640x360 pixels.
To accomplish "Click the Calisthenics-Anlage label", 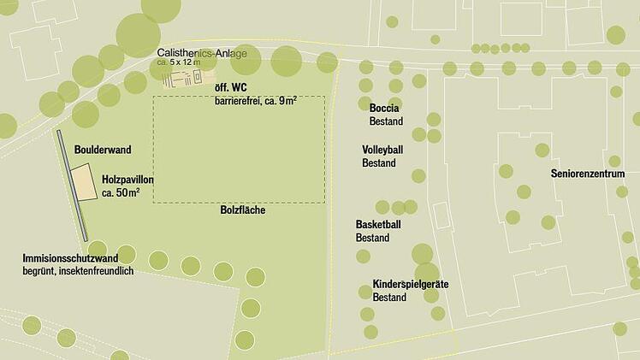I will pyautogui.click(x=202, y=53).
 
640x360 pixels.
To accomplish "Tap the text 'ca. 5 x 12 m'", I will pyautogui.click(x=178, y=62).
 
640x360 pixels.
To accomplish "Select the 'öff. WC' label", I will pyautogui.click(x=231, y=86).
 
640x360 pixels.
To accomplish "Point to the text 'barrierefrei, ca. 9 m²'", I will pyautogui.click(x=255, y=100).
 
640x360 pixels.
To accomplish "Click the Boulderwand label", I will pyautogui.click(x=103, y=150).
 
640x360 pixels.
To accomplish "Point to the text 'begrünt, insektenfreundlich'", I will pyautogui.click(x=78, y=271).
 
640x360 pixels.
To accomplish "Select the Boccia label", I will pyautogui.click(x=384, y=109).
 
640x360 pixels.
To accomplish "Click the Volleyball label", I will pyautogui.click(x=382, y=150).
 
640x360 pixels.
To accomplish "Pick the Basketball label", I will pyautogui.click(x=378, y=224).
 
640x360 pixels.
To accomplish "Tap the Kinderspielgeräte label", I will pyautogui.click(x=411, y=284).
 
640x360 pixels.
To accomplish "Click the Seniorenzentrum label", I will pyautogui.click(x=588, y=174).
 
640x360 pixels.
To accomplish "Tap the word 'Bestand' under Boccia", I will pyautogui.click(x=386, y=121).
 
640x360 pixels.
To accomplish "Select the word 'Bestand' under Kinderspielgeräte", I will pyautogui.click(x=389, y=298).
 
